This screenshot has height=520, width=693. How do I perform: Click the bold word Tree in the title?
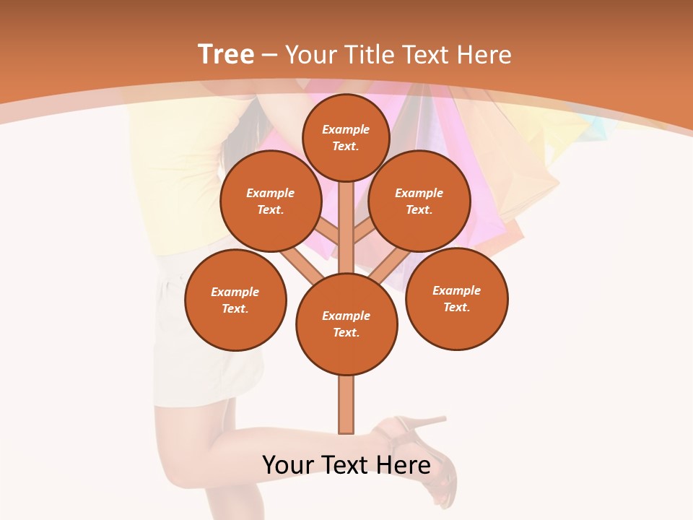(226, 54)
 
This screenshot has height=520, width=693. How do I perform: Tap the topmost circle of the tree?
(346, 137)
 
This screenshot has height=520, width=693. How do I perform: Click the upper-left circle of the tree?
(271, 201)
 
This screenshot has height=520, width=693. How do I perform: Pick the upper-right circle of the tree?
(419, 201)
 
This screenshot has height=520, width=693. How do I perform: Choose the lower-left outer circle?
(235, 300)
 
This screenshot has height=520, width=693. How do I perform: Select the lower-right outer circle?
(456, 298)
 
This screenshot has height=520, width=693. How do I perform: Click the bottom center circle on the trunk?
(346, 324)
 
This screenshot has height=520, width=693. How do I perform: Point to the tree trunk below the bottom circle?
(346, 404)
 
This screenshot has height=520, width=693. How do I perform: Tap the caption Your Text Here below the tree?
(346, 465)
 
